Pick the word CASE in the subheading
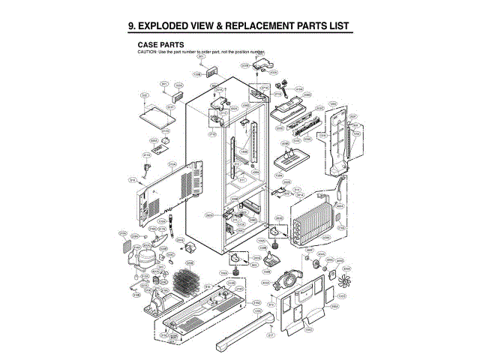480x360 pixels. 149,45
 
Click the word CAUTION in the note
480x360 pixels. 146,52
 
